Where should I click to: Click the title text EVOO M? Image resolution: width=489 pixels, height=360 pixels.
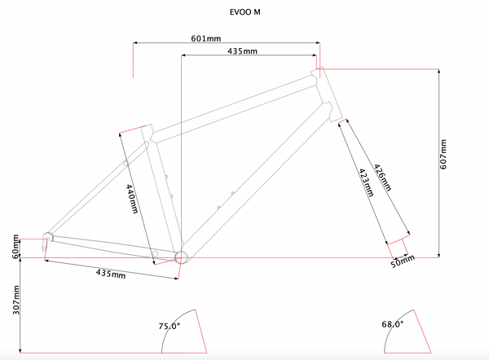(244, 12)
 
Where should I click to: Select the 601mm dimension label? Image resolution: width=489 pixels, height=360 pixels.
(206, 38)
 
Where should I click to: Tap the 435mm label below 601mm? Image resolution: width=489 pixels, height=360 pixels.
(242, 50)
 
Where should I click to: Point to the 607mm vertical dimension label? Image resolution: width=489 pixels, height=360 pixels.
(443, 154)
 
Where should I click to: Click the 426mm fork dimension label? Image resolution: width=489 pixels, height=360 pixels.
(383, 178)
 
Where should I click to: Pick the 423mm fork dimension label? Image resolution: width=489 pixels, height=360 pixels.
(366, 182)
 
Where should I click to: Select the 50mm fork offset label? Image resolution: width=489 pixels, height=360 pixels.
(403, 261)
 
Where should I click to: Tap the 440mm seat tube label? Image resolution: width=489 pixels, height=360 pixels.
(132, 199)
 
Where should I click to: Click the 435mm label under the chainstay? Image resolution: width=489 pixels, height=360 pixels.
(111, 274)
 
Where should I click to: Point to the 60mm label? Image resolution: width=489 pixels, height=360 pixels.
(15, 247)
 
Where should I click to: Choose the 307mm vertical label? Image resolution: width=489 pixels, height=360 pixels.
(16, 300)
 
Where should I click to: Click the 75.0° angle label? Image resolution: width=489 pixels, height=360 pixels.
(170, 326)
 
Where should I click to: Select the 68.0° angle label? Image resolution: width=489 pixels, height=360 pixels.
(393, 324)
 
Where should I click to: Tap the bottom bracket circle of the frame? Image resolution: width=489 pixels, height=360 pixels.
(181, 257)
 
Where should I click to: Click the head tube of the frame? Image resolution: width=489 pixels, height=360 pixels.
(327, 94)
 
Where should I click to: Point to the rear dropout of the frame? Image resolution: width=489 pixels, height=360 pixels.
(46, 240)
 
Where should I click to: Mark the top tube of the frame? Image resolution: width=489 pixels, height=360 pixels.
(234, 108)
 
